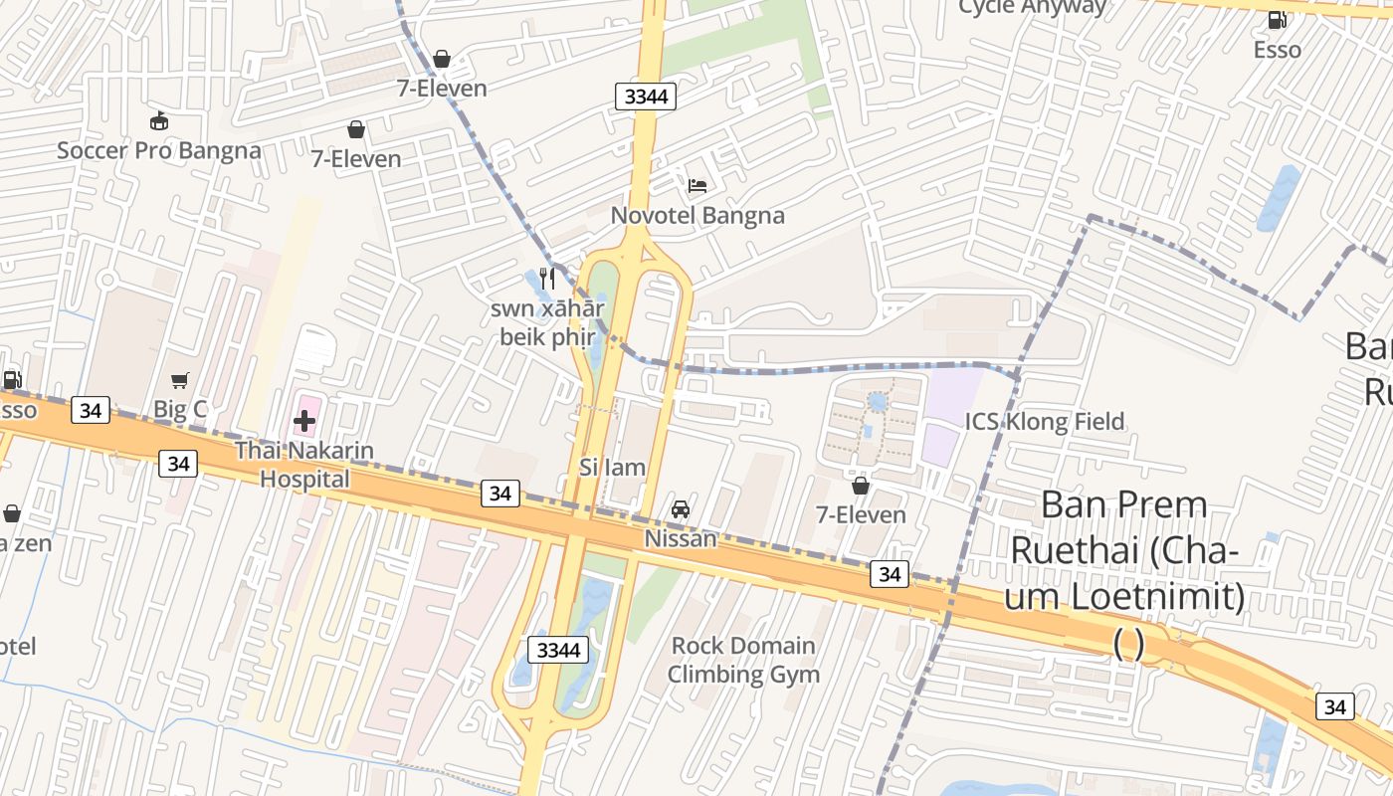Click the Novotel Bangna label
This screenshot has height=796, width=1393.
696,215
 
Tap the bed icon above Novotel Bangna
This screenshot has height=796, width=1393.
696,186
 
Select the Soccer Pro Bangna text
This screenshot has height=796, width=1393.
158,150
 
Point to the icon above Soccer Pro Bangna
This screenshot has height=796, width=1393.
158,121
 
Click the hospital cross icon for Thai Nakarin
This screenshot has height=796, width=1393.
304,421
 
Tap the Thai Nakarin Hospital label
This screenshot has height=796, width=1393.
304,465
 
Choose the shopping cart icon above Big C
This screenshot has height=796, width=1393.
180,380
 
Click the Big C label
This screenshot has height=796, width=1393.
180,409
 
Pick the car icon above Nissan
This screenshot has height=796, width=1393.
681,509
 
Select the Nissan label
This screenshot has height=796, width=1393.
681,538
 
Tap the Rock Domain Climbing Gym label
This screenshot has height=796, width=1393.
743,660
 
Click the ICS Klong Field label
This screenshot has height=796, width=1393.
1045,421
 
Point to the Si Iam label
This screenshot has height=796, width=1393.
612,467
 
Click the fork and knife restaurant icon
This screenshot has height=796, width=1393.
546,278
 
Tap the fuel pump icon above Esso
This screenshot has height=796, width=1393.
1277,19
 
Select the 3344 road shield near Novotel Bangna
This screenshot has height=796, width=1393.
646,97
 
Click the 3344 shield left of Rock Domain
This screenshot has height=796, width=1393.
557,650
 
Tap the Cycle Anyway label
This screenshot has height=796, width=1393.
1032,8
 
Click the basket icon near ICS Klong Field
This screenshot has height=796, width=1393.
861,486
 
